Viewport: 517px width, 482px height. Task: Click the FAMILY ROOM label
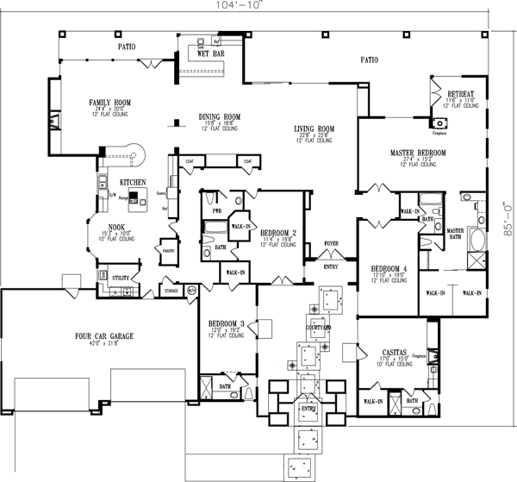109,103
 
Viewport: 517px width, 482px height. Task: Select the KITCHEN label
132,183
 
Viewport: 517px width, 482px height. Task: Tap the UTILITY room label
120,278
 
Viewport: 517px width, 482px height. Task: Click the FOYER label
331,244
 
